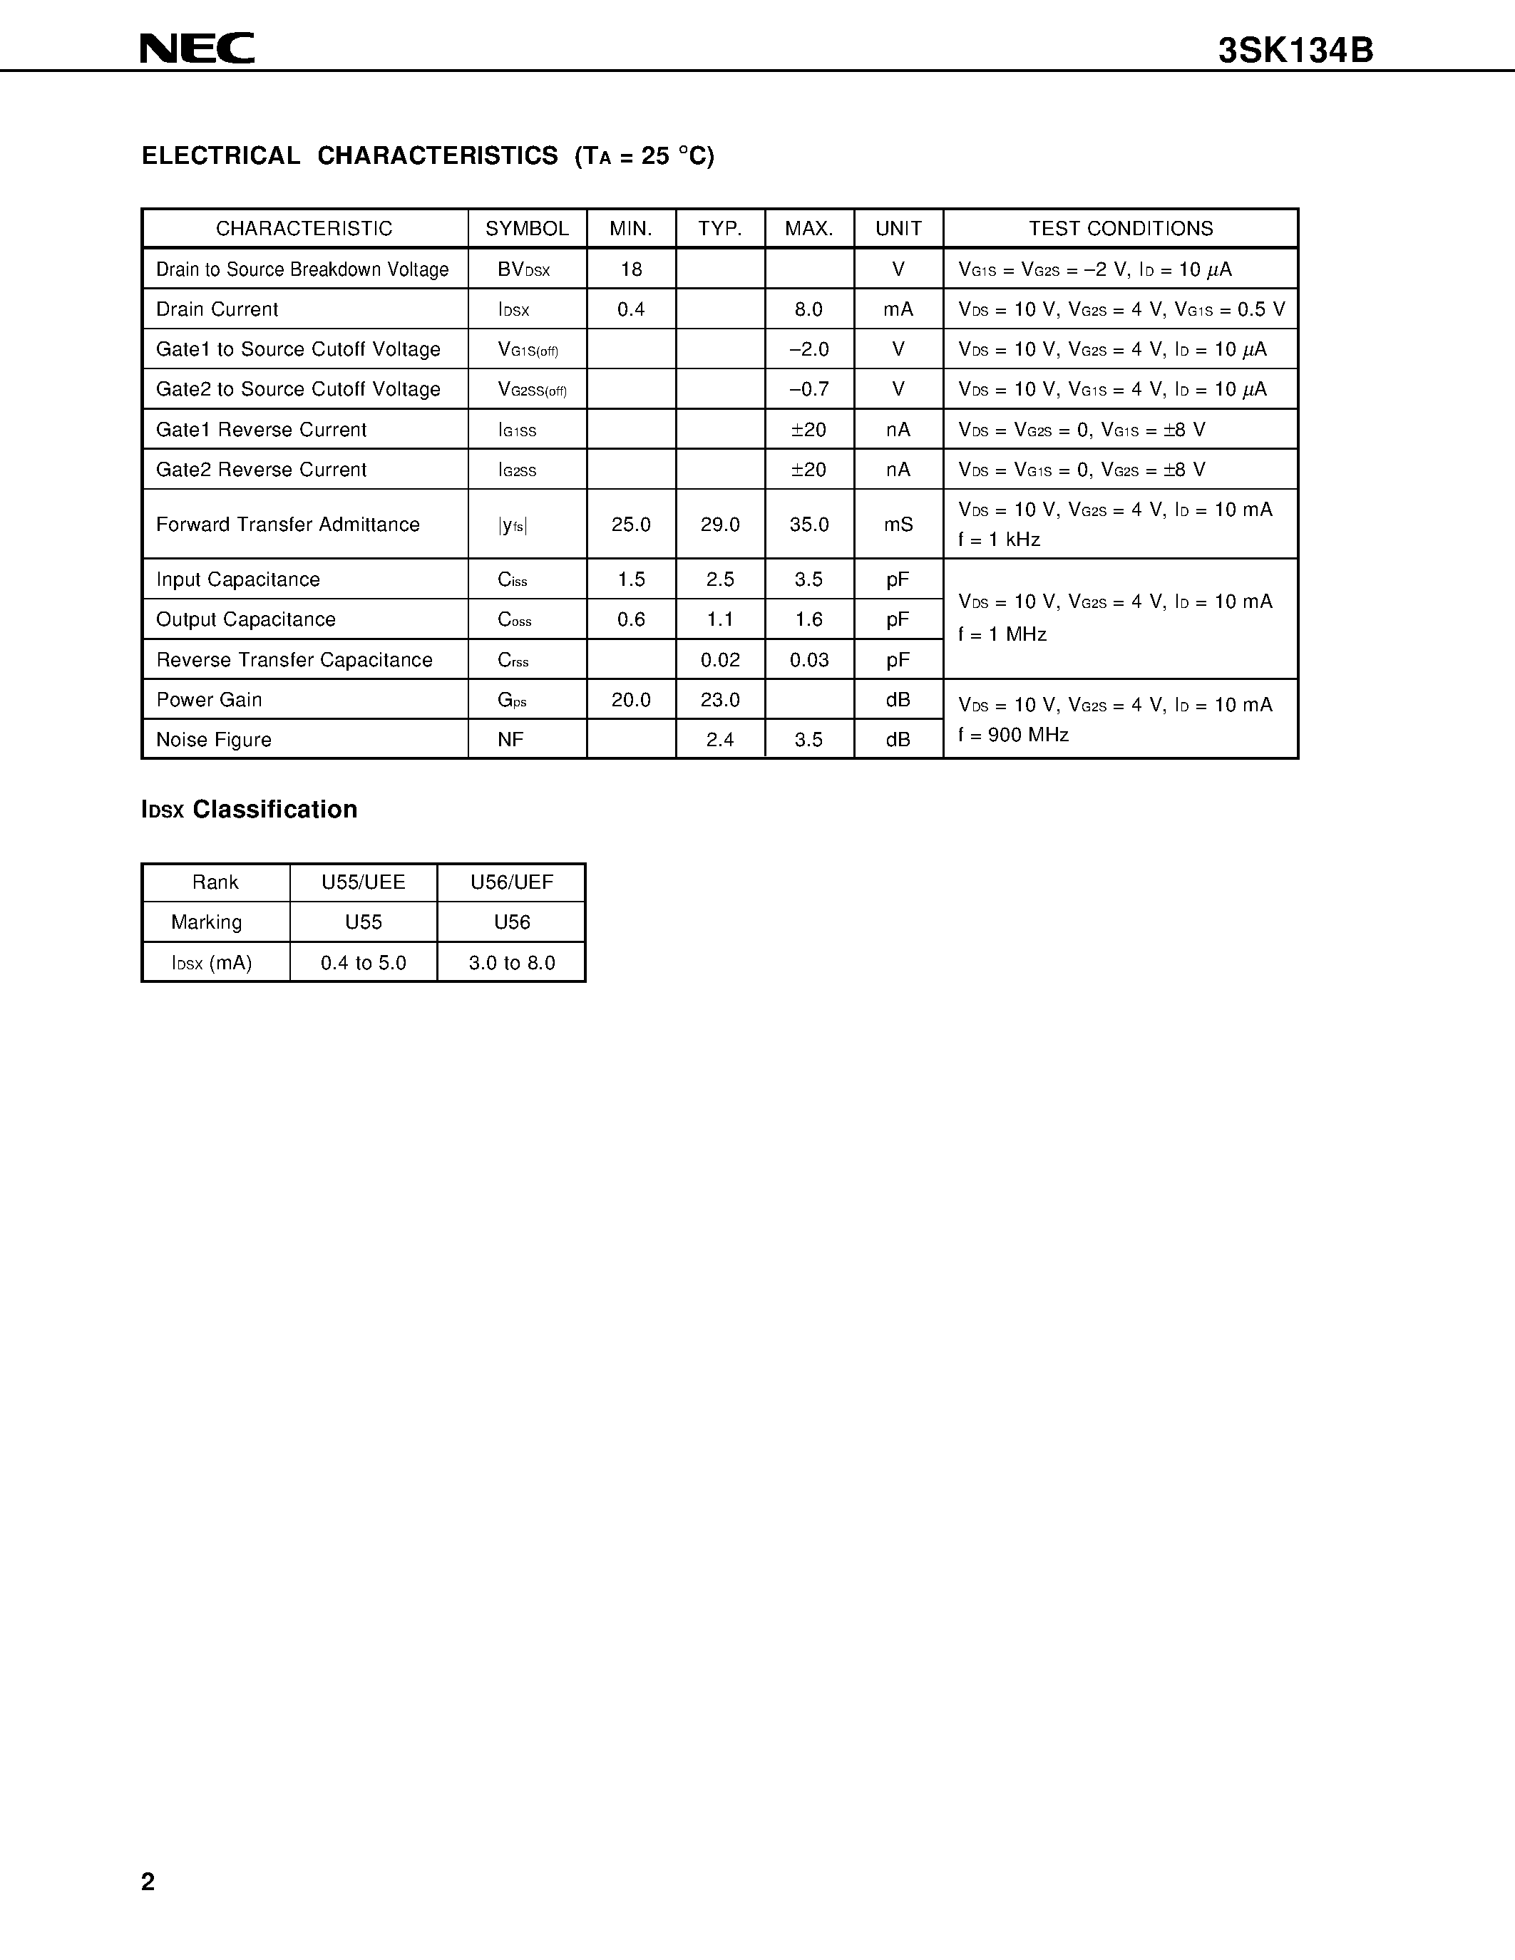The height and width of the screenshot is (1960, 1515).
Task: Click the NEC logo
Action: coord(197,48)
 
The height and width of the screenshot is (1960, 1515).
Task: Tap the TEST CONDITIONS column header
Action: coord(1120,229)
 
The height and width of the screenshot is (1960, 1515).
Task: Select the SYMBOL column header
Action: coord(527,229)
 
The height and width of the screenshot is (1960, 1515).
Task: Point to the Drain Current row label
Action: coord(217,309)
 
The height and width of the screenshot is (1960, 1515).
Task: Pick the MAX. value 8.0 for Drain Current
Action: coord(808,309)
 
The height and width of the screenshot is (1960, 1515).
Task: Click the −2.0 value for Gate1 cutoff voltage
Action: coord(808,349)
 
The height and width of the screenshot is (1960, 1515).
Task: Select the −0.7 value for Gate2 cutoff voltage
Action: coord(808,389)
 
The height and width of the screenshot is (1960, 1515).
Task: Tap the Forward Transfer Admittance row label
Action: coord(287,524)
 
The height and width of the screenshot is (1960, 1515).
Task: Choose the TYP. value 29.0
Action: coord(720,524)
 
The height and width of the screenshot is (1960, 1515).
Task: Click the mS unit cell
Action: coord(898,524)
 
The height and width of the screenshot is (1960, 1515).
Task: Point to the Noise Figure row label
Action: coord(214,740)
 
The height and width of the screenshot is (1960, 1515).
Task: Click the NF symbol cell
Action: coord(510,740)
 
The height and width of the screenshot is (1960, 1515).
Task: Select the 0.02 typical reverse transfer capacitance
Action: coord(720,659)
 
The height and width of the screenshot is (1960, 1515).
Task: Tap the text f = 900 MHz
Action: coord(1013,735)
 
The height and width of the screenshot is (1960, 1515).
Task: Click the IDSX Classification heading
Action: coord(250,810)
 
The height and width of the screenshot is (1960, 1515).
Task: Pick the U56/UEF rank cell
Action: coord(512,882)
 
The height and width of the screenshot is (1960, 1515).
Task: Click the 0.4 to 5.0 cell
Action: coord(364,963)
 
